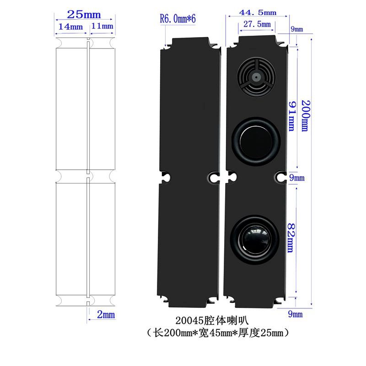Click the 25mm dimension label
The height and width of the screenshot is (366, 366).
pyautogui.click(x=84, y=15)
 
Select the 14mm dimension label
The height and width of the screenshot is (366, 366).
pyautogui.click(x=70, y=27)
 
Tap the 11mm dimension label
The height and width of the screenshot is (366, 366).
pyautogui.click(x=102, y=26)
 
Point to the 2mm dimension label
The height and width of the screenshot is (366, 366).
pyautogui.click(x=106, y=315)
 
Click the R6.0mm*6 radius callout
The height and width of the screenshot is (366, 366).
pyautogui.click(x=178, y=19)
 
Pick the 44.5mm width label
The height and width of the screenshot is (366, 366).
pyautogui.click(x=258, y=12)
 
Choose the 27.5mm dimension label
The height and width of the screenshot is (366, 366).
pyautogui.click(x=257, y=24)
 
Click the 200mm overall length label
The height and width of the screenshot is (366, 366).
pyautogui.click(x=306, y=116)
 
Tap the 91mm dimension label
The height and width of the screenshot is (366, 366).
pyautogui.click(x=292, y=116)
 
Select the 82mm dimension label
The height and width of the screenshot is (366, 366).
pyautogui.click(x=291, y=238)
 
